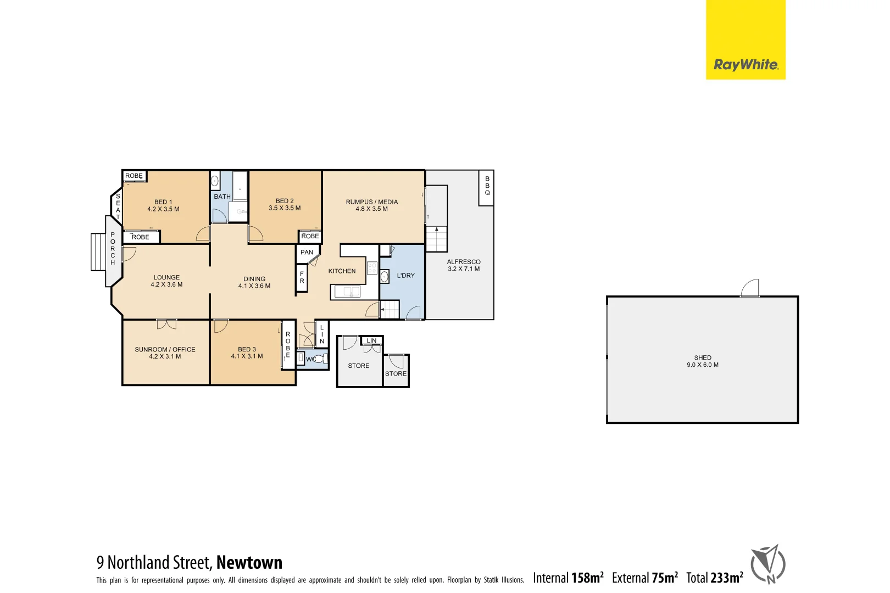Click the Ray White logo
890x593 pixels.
[x=745, y=65]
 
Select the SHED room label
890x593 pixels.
[x=702, y=357]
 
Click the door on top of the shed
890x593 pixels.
[x=750, y=288]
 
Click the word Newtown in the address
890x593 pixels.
[x=249, y=562]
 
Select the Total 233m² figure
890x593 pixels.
[x=714, y=578]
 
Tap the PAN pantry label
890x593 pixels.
[x=307, y=253]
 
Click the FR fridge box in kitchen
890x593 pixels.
[x=302, y=278]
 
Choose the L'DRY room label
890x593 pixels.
[x=405, y=276]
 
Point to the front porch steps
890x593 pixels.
[x=98, y=252]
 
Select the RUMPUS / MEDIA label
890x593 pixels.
[x=371, y=202]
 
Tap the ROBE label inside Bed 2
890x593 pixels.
[x=310, y=236]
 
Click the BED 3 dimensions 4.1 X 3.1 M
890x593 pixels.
[x=247, y=356]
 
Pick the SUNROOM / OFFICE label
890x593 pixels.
[x=165, y=349]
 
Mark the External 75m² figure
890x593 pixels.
[x=644, y=578]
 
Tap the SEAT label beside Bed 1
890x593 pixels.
[x=118, y=206]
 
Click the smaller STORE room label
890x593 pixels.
[x=396, y=373]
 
